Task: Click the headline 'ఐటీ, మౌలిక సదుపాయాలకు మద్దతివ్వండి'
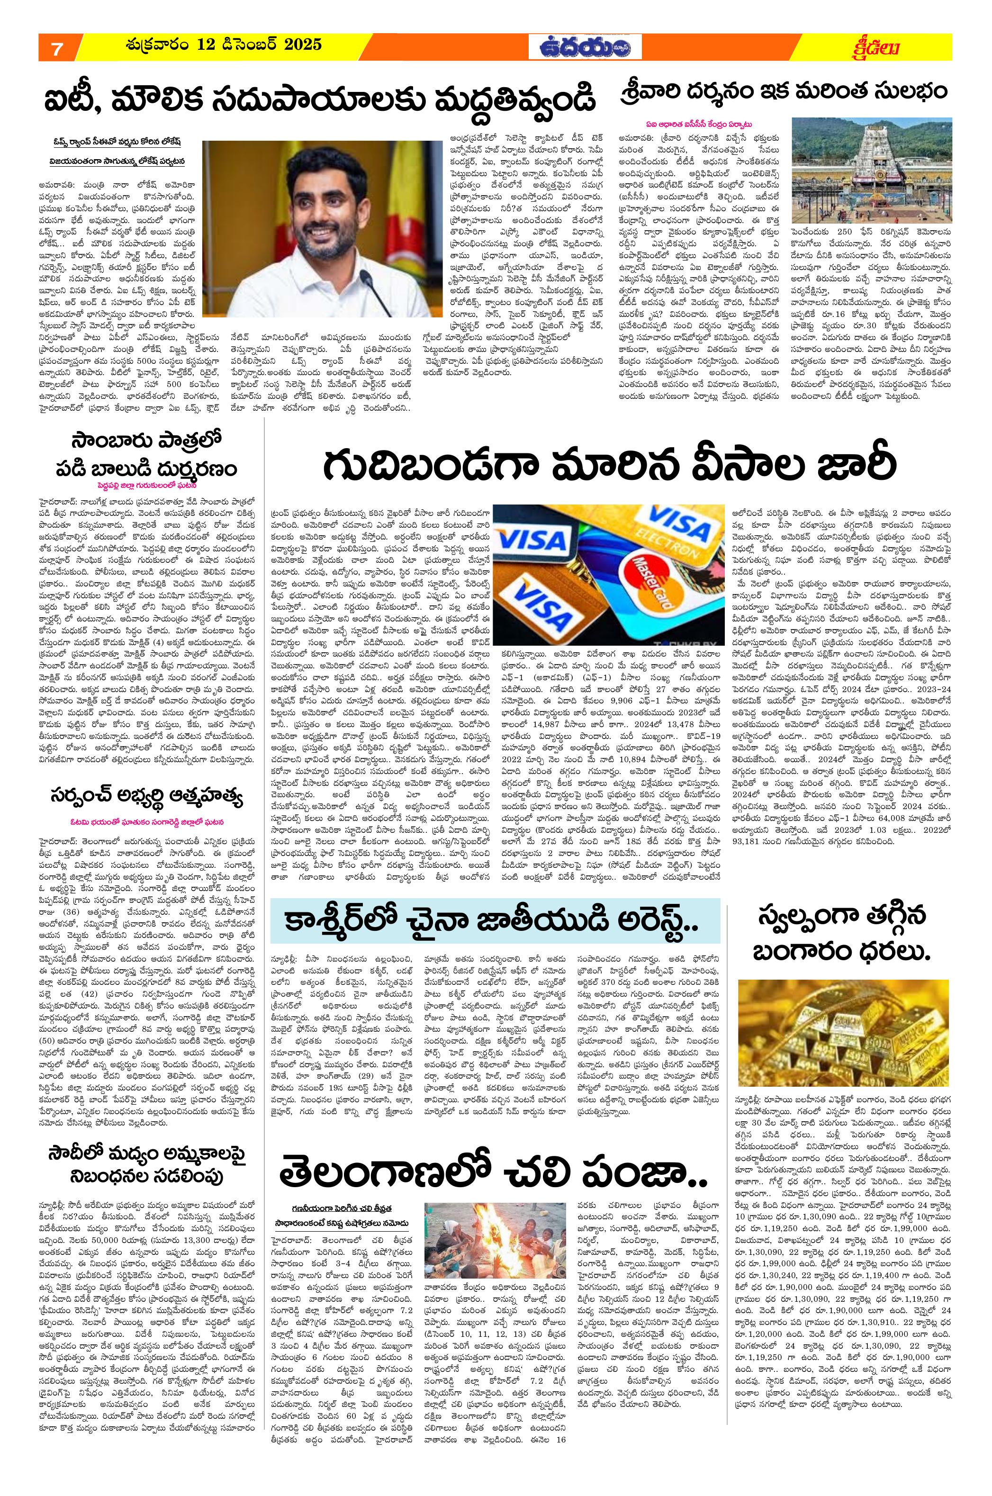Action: click(319, 99)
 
